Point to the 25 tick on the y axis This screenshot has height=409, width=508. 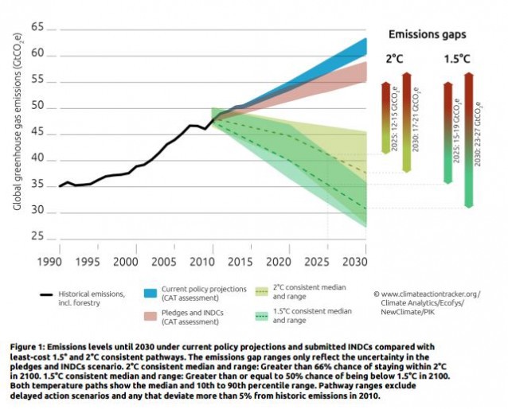[x=37, y=236]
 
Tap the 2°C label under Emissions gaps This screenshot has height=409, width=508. [x=396, y=59]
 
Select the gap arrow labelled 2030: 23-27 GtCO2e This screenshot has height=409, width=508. [x=469, y=139]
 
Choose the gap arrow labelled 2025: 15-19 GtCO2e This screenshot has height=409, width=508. [x=448, y=131]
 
